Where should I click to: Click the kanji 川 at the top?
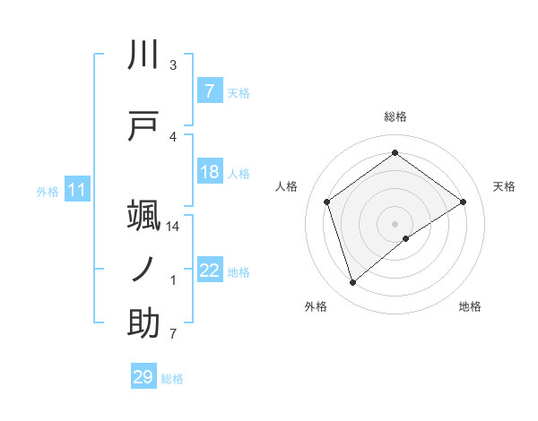tap(144, 56)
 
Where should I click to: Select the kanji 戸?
tap(144, 126)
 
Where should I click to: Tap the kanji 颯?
tap(144, 216)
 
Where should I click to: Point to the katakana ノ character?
tap(144, 270)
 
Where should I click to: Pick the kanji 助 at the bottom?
tap(144, 323)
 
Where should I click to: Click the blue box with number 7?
tap(209, 91)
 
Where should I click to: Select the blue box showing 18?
tap(209, 172)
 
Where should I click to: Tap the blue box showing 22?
tap(209, 271)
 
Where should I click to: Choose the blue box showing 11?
tap(77, 191)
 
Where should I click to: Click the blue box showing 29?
tap(143, 377)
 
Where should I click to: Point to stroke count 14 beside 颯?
tap(173, 227)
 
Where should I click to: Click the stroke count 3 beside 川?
tap(173, 65)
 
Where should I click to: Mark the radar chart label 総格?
tap(395, 116)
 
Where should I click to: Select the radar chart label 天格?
tap(504, 186)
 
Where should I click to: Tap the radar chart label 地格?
tap(470, 306)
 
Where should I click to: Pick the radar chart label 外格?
tap(316, 306)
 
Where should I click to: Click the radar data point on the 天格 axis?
tap(463, 202)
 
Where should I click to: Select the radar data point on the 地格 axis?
tap(406, 238)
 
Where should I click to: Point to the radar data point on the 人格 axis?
tap(327, 202)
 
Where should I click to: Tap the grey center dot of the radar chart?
tap(395, 222)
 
